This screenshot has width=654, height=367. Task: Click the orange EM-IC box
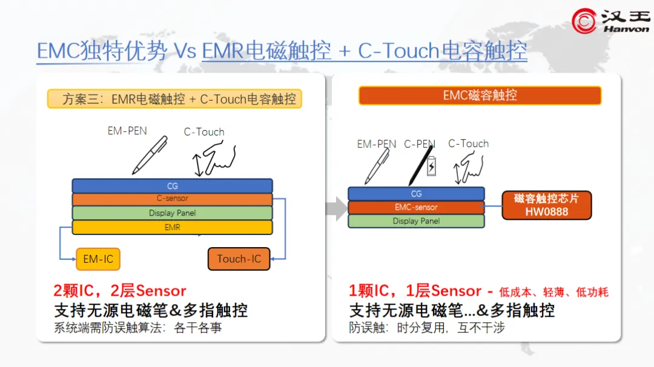(x=98, y=259)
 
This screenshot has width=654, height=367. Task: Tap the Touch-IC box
(x=239, y=259)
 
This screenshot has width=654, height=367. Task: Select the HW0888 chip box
(x=546, y=205)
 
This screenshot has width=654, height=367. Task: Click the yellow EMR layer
(x=172, y=228)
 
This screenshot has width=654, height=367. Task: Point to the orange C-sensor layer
(x=172, y=199)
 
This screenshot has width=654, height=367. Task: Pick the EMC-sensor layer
(x=416, y=207)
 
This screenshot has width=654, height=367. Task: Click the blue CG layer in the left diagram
(x=172, y=185)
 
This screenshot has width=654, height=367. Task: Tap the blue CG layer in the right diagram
(x=416, y=194)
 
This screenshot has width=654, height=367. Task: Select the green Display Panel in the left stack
(x=172, y=213)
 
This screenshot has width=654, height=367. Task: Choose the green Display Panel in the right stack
(x=416, y=221)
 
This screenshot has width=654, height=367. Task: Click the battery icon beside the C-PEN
(x=431, y=167)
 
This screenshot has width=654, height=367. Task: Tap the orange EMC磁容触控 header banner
(x=480, y=96)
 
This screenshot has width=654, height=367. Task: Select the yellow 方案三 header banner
(x=174, y=99)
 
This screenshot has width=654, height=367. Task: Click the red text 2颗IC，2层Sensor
(x=120, y=291)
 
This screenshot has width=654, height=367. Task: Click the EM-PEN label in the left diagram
(x=127, y=130)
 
